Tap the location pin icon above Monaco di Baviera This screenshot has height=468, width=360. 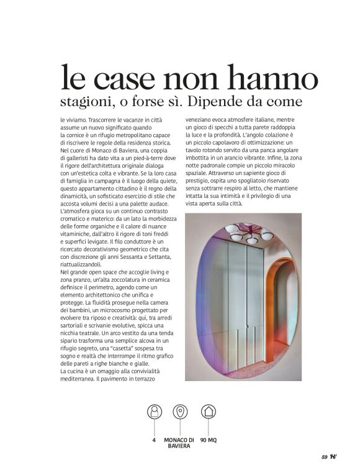(180, 411)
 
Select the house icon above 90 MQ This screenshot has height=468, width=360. (208, 411)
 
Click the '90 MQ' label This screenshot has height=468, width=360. (208, 440)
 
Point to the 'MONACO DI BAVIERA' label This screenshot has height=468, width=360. (179, 443)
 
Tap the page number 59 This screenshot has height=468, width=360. (324, 457)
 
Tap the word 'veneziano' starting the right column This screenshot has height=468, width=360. (200, 119)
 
